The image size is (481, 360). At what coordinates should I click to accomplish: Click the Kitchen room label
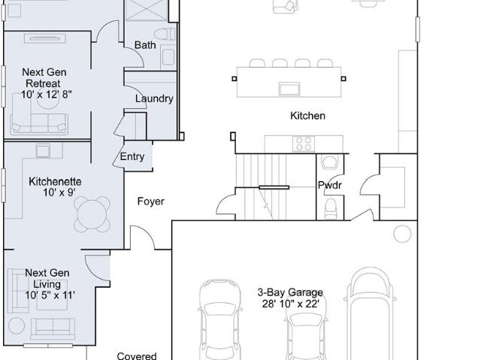pos(307,116)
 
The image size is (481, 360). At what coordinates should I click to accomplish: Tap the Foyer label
pos(150,201)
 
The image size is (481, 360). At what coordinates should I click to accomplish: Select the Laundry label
pos(154,98)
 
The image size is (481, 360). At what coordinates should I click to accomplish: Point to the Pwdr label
pos(330,185)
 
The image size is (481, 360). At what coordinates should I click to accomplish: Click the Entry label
pos(132,156)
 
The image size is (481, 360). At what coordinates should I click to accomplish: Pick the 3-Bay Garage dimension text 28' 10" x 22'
pos(291,304)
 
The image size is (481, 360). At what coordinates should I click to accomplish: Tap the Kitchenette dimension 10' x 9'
pos(59,193)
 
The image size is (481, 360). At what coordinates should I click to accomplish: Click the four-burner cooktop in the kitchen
pos(304,144)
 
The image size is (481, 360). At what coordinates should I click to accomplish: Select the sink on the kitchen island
pos(289,89)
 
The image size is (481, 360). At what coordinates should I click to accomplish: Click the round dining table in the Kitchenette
pos(92,214)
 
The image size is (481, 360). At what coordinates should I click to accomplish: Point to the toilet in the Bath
pos(165,34)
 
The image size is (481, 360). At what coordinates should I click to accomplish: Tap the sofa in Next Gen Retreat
pos(39,123)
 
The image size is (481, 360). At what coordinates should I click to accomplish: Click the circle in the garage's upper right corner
pos(402,234)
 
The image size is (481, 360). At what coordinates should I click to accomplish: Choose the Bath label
pos(145,45)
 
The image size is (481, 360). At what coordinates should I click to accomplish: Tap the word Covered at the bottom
pos(137,355)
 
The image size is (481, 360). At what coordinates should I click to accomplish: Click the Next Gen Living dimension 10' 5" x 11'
pos(50,295)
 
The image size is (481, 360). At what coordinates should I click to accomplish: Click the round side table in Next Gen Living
pos(17,326)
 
